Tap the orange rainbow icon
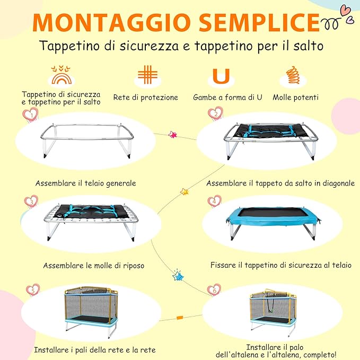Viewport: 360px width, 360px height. click(61, 76)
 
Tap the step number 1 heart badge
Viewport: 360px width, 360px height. click(31, 114)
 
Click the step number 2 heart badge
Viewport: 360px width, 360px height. click(215, 113)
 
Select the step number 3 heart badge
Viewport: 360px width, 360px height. click(31, 202)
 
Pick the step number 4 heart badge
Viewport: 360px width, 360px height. click(214, 201)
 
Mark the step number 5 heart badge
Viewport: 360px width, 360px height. click(33, 290)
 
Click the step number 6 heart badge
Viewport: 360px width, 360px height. click(214, 290)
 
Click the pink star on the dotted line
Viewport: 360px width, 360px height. click(172, 135)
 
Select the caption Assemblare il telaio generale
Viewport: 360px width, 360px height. click(86, 183)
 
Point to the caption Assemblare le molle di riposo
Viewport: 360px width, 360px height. click(93, 265)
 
